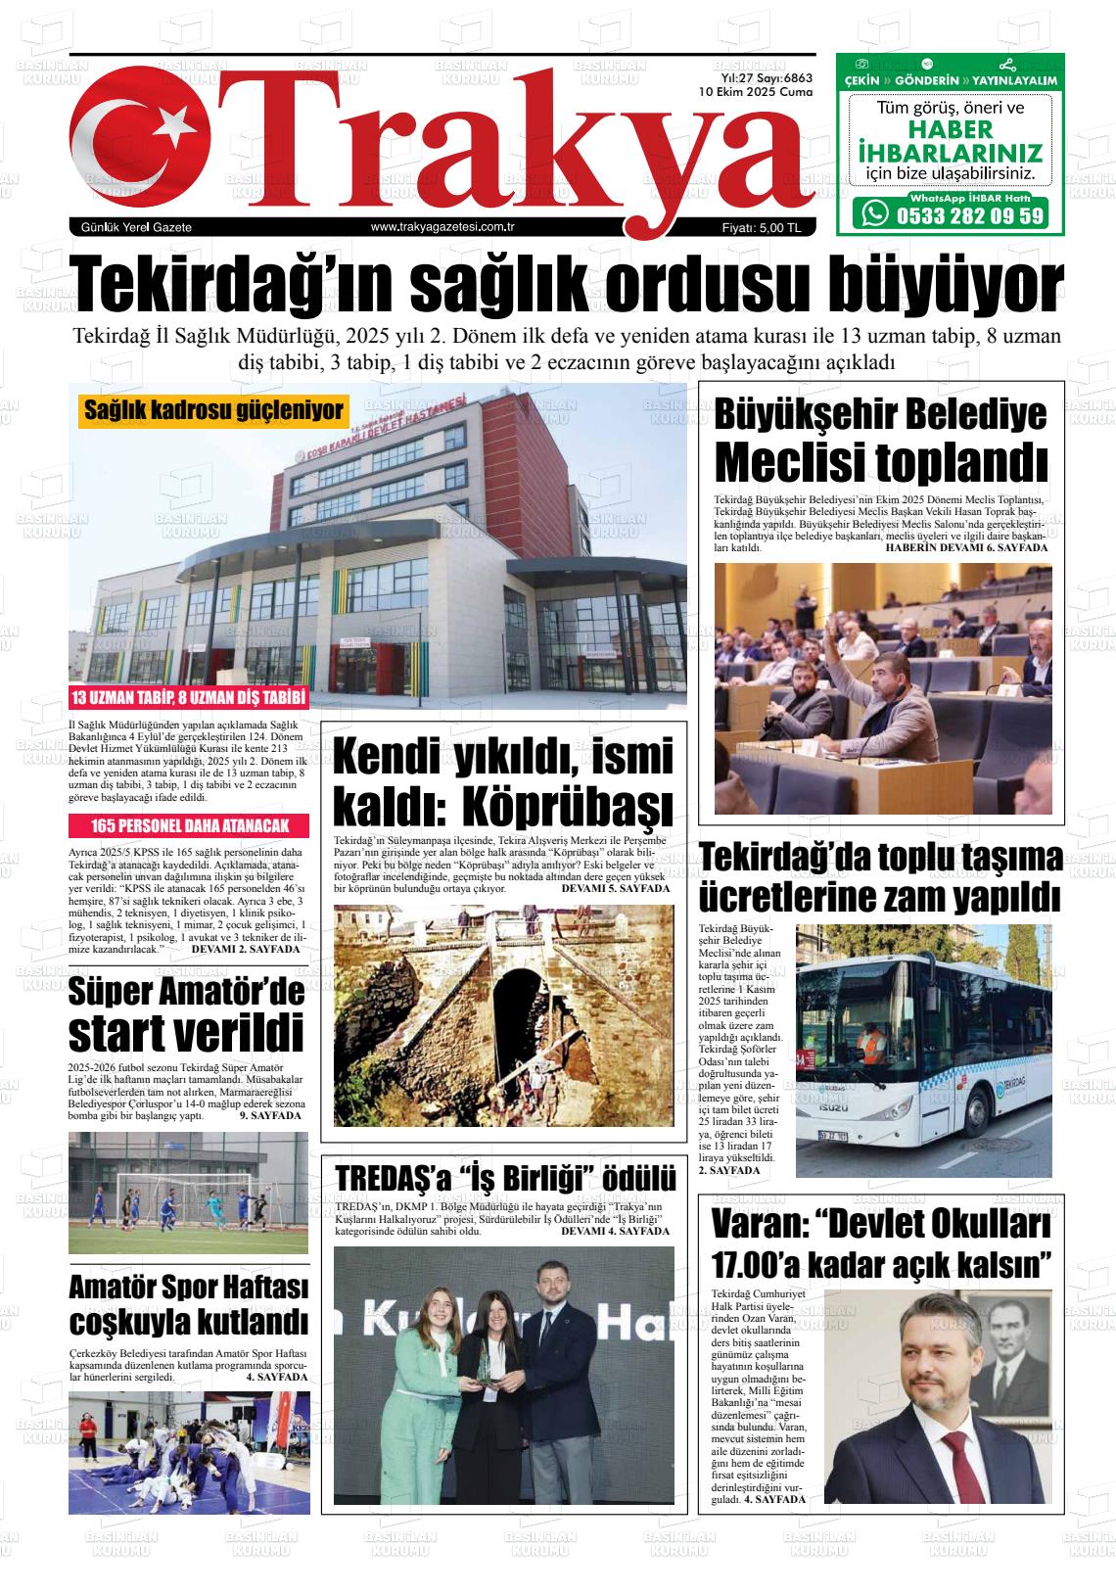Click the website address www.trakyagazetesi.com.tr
[443, 227]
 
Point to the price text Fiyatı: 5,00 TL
[761, 228]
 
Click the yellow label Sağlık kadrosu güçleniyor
[213, 410]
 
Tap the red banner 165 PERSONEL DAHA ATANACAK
[189, 825]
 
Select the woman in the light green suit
[427, 1381]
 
